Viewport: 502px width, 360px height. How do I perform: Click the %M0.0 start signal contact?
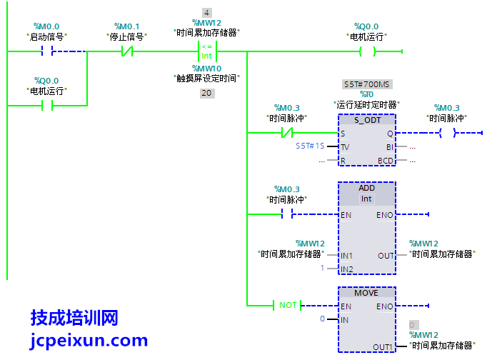pos(47,51)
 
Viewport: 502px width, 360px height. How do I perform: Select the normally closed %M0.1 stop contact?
pos(126,51)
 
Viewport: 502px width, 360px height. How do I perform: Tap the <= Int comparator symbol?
pos(206,51)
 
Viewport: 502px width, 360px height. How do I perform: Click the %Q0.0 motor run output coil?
pos(367,51)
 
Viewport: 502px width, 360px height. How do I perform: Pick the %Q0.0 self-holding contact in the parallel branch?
pos(47,106)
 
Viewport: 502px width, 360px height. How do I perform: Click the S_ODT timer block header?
pos(367,120)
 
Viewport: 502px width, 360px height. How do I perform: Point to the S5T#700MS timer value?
pos(367,84)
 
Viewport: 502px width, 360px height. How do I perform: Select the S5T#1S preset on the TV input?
pos(311,146)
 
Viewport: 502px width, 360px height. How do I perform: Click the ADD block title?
pos(367,188)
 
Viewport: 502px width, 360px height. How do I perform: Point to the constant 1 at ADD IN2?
pos(322,268)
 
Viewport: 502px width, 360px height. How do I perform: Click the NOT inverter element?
pos(288,305)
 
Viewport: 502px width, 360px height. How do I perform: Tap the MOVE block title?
pos(367,293)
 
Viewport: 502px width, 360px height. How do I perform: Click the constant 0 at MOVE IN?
pos(322,319)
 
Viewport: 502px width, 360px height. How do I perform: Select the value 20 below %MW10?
pos(206,93)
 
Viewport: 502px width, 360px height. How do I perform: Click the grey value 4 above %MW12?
pos(206,13)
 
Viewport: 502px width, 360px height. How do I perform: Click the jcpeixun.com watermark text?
pos(89,341)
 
